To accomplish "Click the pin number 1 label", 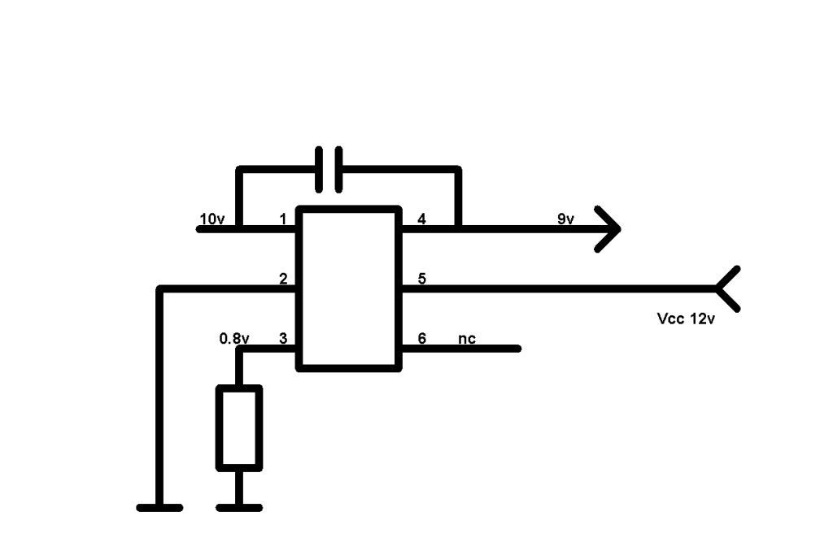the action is tap(282, 219).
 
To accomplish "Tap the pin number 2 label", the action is tap(283, 279).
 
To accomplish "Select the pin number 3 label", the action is tap(283, 339).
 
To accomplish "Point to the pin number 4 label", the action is tap(422, 219).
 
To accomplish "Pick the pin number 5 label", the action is tap(422, 279).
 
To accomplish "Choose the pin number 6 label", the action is tap(422, 339).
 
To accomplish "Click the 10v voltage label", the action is tap(212, 219).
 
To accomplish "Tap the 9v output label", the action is tap(566, 219).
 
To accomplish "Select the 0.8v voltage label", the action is tap(234, 339).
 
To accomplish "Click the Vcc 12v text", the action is tap(686, 319).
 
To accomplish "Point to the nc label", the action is tap(467, 339).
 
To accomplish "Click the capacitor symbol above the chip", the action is tap(329, 169).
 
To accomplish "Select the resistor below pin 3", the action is tap(239, 428).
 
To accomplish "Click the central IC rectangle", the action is tap(348, 288).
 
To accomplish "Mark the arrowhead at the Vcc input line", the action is tap(727, 288).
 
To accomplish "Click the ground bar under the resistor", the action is tap(239, 508).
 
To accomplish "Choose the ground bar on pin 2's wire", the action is tap(159, 508).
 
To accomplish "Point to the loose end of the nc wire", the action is tap(518, 349).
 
